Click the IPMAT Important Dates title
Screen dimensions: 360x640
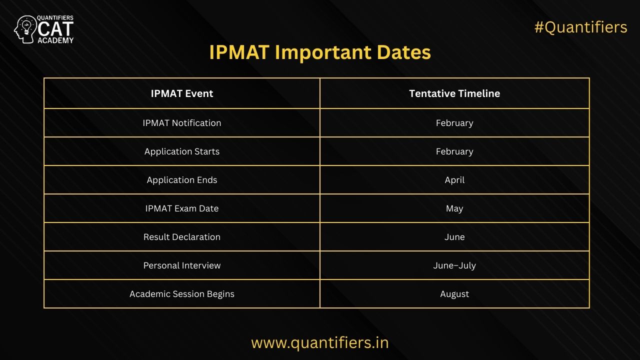(x=320, y=52)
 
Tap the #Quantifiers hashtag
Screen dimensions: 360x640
(x=580, y=27)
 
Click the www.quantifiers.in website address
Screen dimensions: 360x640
(x=320, y=343)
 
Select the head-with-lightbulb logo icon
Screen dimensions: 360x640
(x=25, y=29)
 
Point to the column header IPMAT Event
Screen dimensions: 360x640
(x=182, y=93)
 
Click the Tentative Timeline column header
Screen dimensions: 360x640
(x=454, y=93)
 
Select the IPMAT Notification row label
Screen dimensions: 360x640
(x=182, y=123)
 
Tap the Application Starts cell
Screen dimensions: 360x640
(x=182, y=151)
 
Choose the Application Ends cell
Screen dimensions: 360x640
(x=182, y=180)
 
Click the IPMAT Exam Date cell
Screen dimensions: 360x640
(x=182, y=208)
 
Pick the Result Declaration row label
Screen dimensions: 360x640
(x=182, y=237)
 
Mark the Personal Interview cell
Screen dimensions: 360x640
(x=182, y=265)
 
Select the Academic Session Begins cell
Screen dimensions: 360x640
(x=182, y=294)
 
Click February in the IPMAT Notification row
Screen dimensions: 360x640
(x=454, y=123)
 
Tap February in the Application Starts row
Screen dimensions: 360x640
(x=454, y=151)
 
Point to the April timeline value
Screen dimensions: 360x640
(x=454, y=180)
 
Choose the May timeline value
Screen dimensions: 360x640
(x=454, y=208)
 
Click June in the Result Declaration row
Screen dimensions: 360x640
(x=454, y=237)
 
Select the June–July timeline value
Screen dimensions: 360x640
(x=454, y=265)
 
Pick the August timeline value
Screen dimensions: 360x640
(x=454, y=294)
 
